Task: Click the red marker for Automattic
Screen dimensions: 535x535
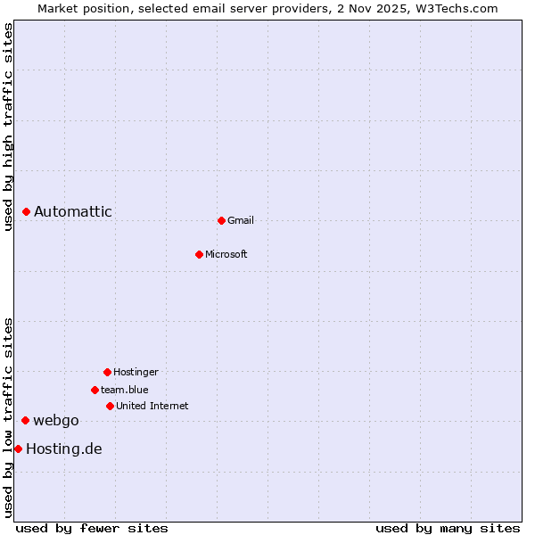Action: point(27,211)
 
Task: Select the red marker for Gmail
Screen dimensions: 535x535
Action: point(221,220)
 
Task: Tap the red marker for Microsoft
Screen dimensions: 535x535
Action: point(199,254)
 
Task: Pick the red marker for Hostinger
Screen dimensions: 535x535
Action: point(107,372)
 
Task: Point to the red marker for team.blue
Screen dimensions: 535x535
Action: point(95,390)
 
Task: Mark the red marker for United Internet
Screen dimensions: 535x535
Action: point(110,406)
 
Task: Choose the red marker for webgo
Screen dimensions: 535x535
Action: point(26,420)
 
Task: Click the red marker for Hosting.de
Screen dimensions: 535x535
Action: point(18,449)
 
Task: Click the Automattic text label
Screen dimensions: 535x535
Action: point(73,211)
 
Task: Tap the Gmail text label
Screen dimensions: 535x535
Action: point(241,220)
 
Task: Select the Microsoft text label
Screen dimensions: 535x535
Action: point(226,254)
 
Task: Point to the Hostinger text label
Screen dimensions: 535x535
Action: point(136,372)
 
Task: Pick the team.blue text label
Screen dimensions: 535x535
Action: point(125,390)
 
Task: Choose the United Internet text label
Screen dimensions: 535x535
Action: point(152,406)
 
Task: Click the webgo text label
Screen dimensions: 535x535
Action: point(56,420)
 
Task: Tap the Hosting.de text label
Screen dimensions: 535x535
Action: point(64,449)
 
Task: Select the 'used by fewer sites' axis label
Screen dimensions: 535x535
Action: point(92,528)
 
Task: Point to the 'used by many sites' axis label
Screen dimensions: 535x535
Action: point(448,528)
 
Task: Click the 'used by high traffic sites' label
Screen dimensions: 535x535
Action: point(8,127)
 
